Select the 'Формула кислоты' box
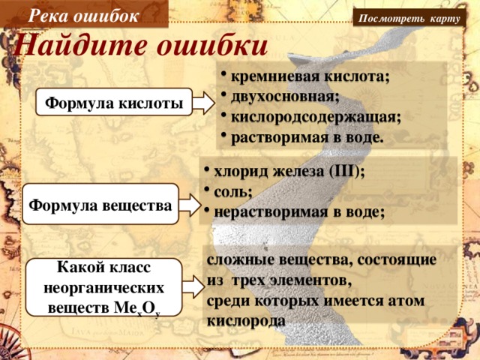(x=114, y=103)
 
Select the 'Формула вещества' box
(x=99, y=204)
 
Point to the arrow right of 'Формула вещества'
(x=190, y=203)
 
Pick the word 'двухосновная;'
(x=285, y=97)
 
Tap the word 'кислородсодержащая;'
(x=316, y=117)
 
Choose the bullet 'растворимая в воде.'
(x=307, y=137)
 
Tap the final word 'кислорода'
(x=246, y=319)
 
